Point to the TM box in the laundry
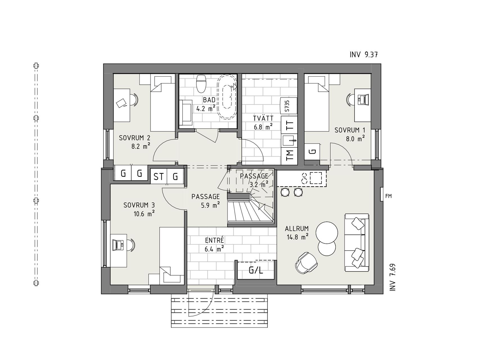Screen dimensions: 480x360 289,155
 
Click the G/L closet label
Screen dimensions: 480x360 256,270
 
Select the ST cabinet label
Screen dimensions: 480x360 159,177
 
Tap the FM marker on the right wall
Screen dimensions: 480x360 388,196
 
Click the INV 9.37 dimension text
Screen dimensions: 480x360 363,55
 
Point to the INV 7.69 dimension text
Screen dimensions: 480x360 393,277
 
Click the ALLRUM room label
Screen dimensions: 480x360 297,228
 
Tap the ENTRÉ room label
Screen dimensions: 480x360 214,240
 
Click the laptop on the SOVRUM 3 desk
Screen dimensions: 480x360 118,245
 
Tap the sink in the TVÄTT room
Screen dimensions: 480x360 289,140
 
